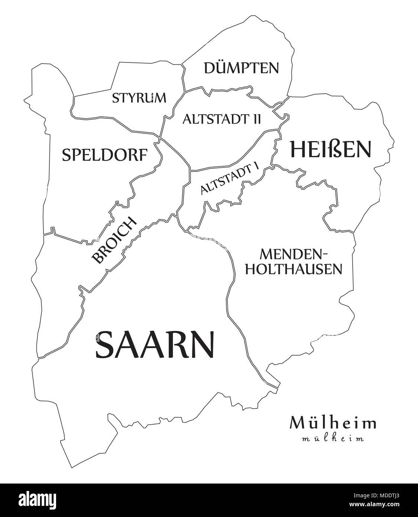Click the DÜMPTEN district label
pyautogui.click(x=241, y=68)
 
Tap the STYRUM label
pyautogui.click(x=139, y=98)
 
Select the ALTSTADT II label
pyautogui.click(x=221, y=119)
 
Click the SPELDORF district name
pyautogui.click(x=105, y=155)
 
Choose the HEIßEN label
pyautogui.click(x=330, y=149)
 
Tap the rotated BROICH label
pyautogui.click(x=114, y=241)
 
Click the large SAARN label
pyautogui.click(x=155, y=344)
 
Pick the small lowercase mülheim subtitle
pyautogui.click(x=333, y=439)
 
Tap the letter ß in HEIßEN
pyautogui.click(x=329, y=149)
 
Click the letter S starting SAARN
pyautogui.click(x=105, y=344)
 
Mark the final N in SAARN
pyautogui.click(x=203, y=344)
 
